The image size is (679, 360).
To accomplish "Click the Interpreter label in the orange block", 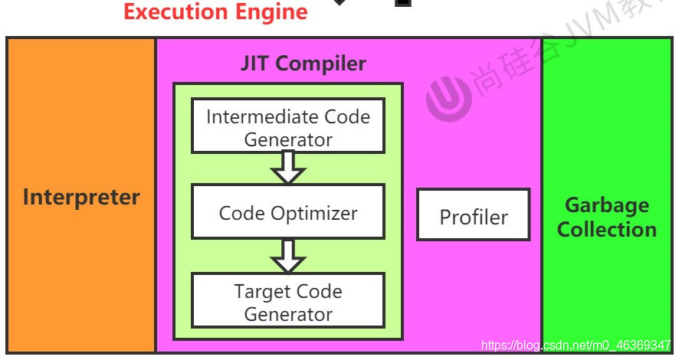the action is click(81, 197).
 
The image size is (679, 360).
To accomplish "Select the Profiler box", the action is click(473, 216).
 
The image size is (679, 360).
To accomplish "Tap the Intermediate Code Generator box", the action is click(288, 127).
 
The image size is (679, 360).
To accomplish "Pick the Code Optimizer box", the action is click(288, 212).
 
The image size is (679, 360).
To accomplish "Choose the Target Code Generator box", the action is click(288, 302).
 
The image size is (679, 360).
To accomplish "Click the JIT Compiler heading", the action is click(303, 64).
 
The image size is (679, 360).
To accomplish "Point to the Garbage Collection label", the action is click(606, 217).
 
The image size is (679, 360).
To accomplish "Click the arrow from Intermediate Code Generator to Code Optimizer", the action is click(288, 168).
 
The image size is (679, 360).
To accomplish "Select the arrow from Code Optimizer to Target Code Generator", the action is click(288, 256).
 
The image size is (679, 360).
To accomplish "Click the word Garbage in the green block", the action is click(606, 205).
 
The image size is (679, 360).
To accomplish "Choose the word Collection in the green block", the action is click(606, 229).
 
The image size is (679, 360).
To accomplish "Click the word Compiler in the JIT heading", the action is click(321, 64).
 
